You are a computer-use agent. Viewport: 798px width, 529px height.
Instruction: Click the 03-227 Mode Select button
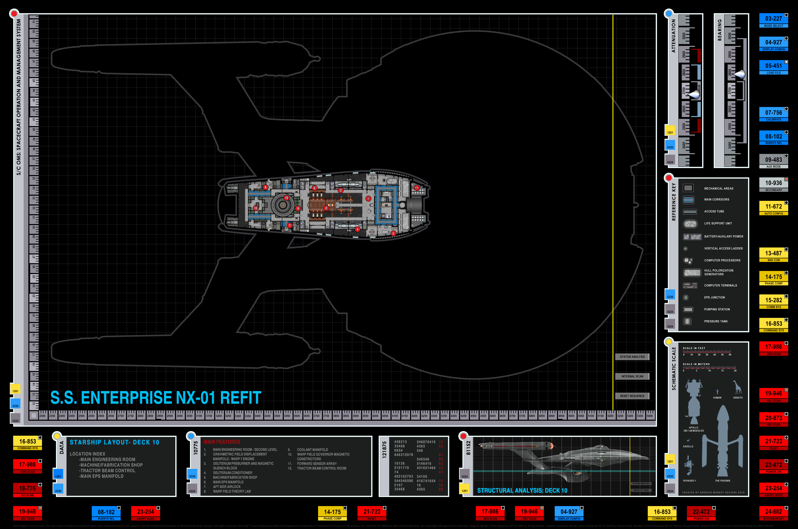coord(773,20)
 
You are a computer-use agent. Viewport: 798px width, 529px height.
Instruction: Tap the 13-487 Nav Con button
coord(773,255)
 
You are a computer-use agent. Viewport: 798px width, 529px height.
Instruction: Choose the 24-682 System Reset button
coord(773,513)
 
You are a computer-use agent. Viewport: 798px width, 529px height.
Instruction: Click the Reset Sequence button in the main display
coord(632,396)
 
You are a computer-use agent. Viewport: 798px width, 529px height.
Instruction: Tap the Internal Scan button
coord(632,376)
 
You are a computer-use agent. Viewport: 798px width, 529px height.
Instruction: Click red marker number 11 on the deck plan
coord(417,188)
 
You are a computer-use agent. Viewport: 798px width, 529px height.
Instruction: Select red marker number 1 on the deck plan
coord(368,199)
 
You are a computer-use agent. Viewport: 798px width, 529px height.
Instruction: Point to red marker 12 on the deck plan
coord(256,208)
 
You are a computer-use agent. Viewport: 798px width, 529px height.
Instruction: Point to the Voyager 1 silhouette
coord(689,466)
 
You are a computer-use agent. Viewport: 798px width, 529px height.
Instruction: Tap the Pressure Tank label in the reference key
coord(716,321)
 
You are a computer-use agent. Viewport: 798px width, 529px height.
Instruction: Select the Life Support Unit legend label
coord(718,223)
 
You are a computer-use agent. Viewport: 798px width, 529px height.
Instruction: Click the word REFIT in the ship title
coord(240,398)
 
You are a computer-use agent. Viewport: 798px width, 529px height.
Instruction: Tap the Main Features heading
coord(222,442)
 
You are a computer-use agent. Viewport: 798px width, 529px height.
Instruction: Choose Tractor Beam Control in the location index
coord(107,471)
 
